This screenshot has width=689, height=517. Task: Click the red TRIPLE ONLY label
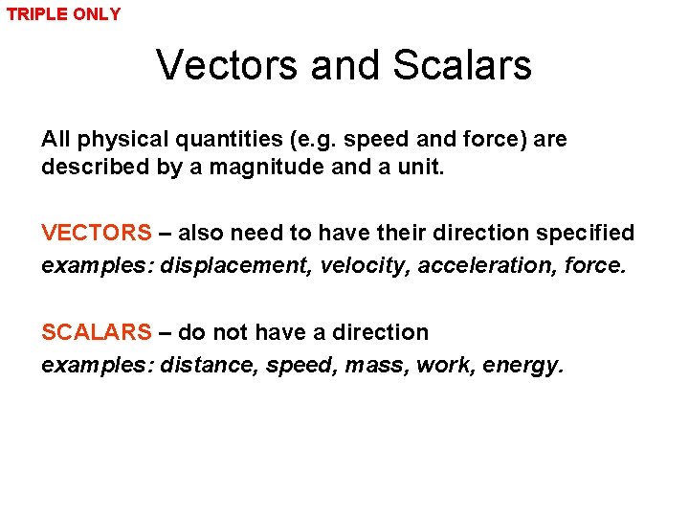coord(64,14)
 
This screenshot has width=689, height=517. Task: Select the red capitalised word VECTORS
coord(96,233)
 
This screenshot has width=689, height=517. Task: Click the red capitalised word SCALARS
coord(96,332)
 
